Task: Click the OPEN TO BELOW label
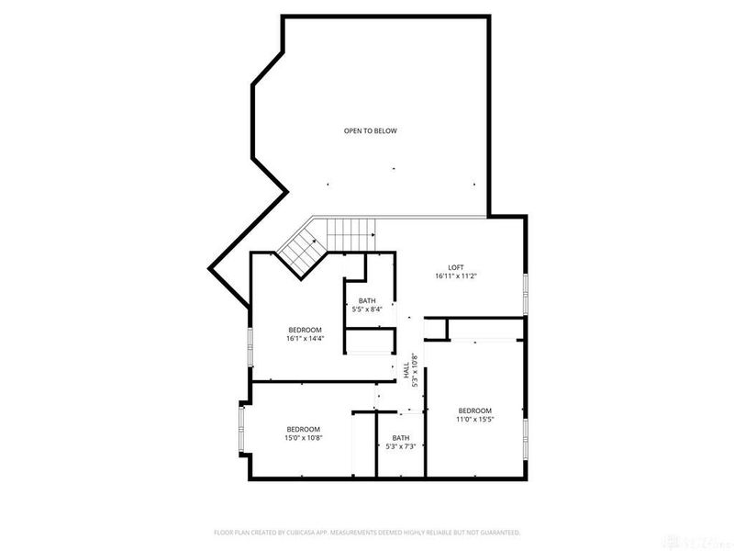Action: coord(370,131)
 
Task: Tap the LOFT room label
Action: coord(456,266)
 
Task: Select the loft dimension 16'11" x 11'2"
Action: coord(456,275)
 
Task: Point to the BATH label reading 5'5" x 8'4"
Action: coord(367,300)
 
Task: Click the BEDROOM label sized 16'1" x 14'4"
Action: coord(305,330)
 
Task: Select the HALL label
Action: coord(406,368)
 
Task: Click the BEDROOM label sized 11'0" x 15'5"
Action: coord(475,410)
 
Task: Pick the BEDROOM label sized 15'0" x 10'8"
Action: coord(303,429)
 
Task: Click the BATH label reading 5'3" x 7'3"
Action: coord(401,437)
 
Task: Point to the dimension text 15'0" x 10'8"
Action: coord(303,437)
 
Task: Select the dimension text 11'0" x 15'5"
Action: coord(475,419)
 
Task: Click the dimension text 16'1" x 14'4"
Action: coord(305,338)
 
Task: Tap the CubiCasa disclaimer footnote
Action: coord(367,532)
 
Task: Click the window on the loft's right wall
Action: coord(526,294)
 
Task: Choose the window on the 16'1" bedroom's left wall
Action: coord(250,348)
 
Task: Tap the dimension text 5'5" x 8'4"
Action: coord(367,309)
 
